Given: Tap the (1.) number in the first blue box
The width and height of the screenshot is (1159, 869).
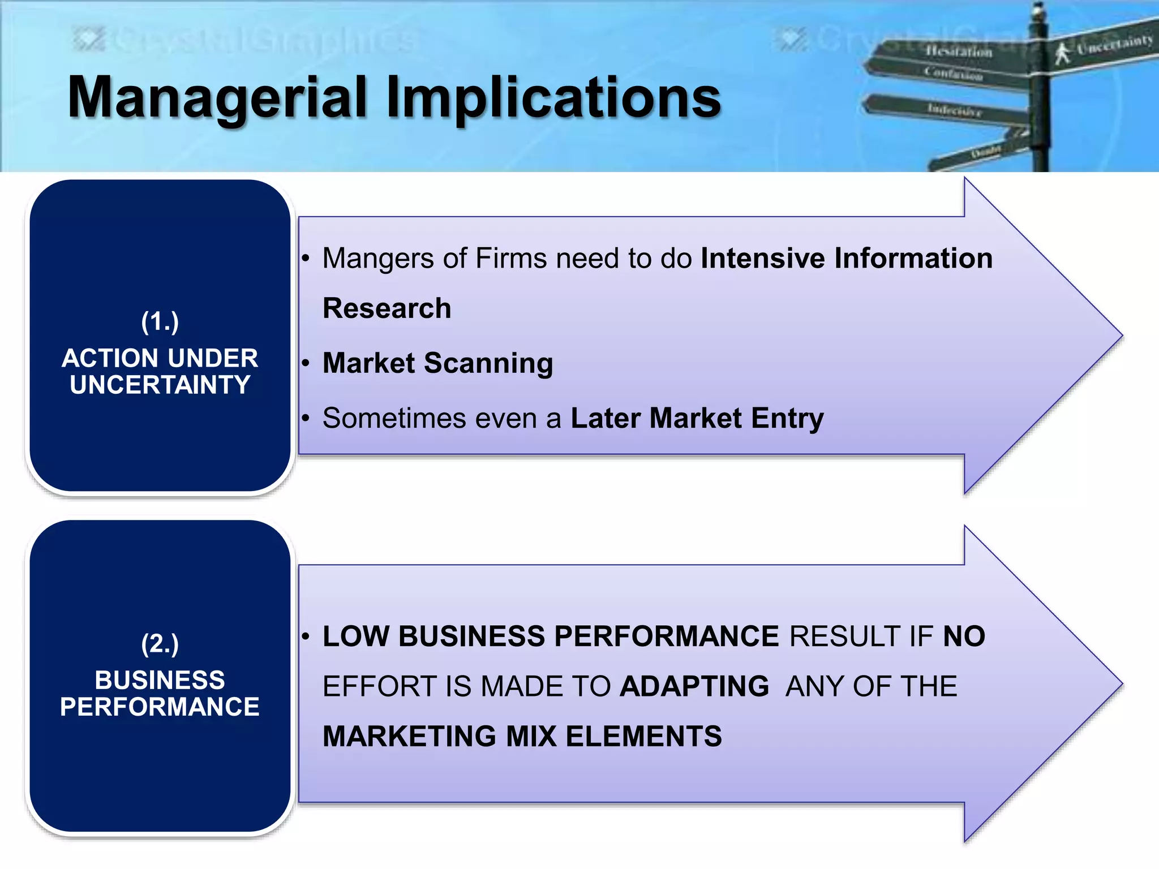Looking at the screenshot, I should pos(160,322).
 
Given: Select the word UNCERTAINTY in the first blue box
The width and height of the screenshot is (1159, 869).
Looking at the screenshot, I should pos(160,385).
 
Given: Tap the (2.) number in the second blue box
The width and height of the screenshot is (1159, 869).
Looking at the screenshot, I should pos(160,644).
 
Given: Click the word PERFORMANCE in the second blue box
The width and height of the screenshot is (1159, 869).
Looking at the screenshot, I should pos(160,707).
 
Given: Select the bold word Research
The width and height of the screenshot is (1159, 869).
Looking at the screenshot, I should pos(387,308).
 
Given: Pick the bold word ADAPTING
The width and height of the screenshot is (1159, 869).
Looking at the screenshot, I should pos(694,686).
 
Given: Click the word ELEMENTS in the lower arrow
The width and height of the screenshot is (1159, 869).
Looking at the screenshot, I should pos(643,737).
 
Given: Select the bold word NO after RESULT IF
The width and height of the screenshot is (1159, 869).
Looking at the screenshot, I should pos(964,636).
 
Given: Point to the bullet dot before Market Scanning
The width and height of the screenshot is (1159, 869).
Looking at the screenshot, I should pos(306,363).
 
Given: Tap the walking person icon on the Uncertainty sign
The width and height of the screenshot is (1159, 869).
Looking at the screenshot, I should pos(1062,53).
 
